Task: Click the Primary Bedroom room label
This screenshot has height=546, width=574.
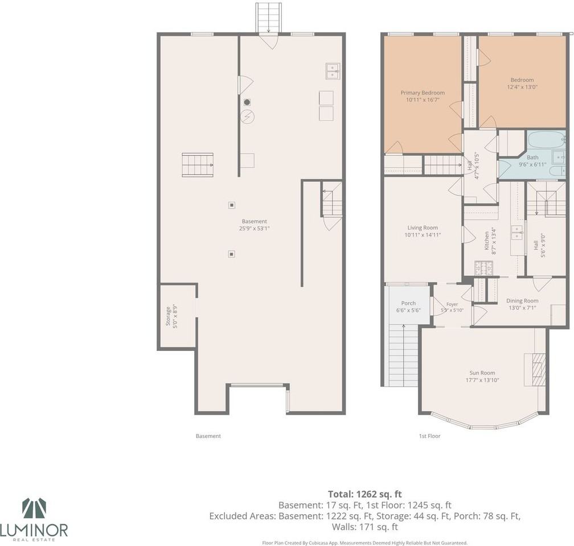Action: click(423, 93)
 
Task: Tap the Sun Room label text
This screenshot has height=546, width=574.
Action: click(482, 373)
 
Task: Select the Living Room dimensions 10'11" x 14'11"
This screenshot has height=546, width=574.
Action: click(422, 235)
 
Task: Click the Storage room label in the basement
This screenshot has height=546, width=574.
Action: click(169, 316)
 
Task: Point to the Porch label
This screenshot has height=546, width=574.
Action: click(408, 303)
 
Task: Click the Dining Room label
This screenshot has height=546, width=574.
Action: click(522, 301)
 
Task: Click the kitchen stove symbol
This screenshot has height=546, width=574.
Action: click(484, 268)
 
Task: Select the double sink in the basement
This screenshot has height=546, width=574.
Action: click(333, 71)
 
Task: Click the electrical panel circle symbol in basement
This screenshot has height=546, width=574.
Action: click(248, 117)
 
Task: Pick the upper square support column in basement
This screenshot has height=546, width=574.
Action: click(231, 205)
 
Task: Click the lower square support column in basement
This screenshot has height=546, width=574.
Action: click(231, 254)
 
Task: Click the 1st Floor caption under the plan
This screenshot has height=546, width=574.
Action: click(429, 436)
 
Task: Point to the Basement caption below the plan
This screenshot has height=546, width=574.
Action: click(208, 436)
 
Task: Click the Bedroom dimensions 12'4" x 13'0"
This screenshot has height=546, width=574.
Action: click(522, 87)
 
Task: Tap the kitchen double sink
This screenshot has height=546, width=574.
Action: click(517, 233)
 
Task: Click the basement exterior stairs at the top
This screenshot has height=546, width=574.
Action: click(269, 17)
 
